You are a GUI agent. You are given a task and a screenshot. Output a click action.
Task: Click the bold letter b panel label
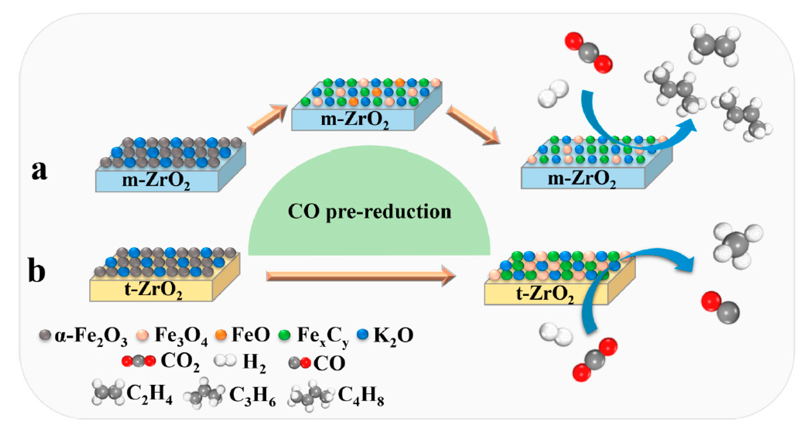click(37, 270)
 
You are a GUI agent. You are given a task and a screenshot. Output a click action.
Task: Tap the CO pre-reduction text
click(369, 212)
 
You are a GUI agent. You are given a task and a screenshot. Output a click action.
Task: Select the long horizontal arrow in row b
click(360, 276)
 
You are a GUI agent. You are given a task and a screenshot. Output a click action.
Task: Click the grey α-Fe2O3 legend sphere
click(45, 335)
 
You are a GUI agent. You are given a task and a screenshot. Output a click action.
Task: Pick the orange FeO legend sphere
click(221, 335)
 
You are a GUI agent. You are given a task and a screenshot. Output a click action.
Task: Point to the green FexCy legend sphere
click(284, 335)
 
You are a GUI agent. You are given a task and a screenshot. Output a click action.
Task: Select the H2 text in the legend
click(254, 363)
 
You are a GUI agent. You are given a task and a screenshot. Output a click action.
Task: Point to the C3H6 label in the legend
click(252, 395)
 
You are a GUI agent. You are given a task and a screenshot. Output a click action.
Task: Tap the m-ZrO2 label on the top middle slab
click(355, 120)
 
